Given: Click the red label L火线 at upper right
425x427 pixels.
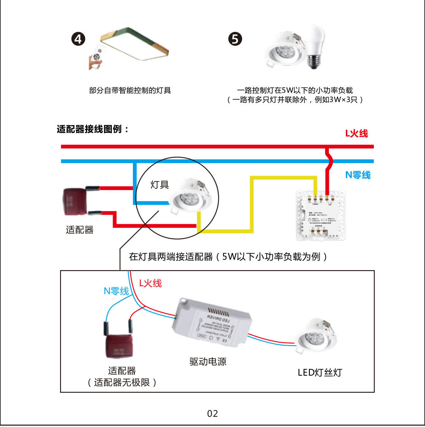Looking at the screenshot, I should pos(356,134).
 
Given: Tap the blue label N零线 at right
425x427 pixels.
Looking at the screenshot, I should pos(358,175).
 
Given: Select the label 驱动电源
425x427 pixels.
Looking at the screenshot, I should pos(208,362).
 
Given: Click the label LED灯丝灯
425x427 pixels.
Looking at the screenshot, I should pos(320,373).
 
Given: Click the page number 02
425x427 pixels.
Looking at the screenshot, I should pos(212,413).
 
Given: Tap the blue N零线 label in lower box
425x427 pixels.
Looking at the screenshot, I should pos(116,291).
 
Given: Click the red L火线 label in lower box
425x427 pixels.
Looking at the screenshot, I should pos(150,283).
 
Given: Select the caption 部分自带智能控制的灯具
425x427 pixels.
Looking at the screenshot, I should pos(130,90).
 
